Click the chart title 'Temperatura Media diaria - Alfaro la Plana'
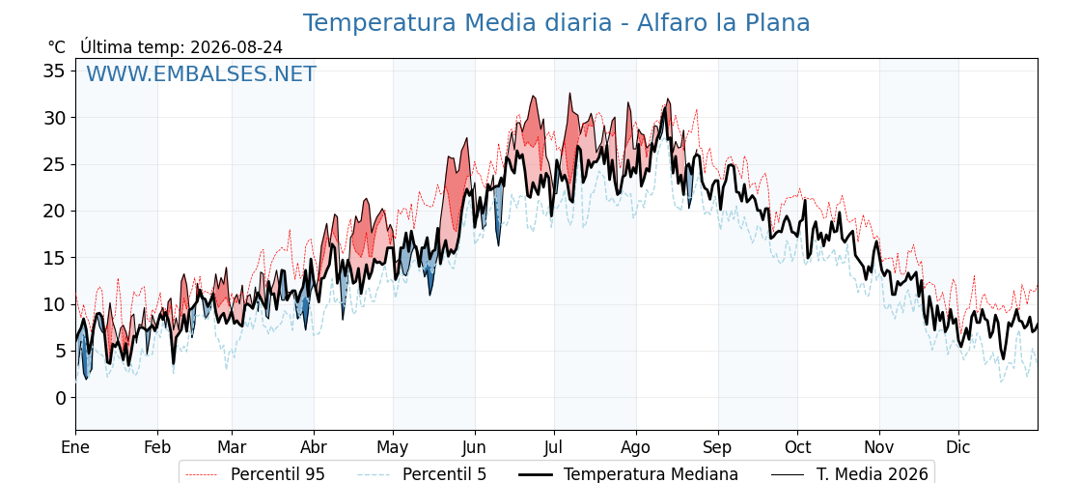(x=556, y=23)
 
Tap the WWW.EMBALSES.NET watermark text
(x=201, y=73)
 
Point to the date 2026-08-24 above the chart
(x=236, y=47)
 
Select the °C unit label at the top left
(x=57, y=47)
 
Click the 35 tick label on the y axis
(x=55, y=71)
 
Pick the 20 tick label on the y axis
(x=55, y=212)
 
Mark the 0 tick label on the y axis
(x=61, y=398)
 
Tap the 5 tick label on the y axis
(x=61, y=352)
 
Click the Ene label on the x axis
(x=75, y=448)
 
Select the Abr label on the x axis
(x=314, y=448)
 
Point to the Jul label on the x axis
(x=554, y=448)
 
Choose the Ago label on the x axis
(x=636, y=448)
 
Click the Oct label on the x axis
(x=797, y=448)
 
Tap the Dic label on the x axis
(x=958, y=448)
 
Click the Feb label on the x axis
(x=157, y=448)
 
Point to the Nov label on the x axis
(x=879, y=448)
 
